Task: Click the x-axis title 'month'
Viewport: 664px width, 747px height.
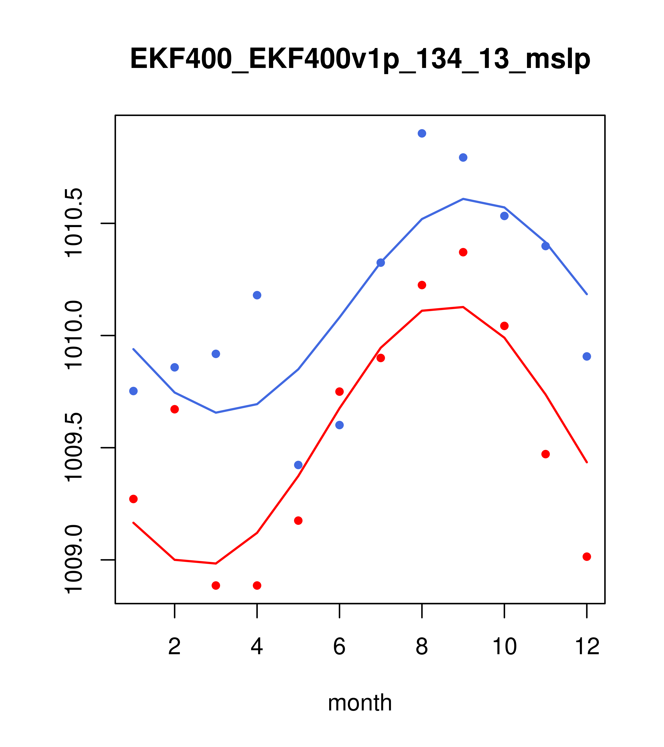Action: click(360, 702)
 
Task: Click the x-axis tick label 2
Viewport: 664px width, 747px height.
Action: click(175, 647)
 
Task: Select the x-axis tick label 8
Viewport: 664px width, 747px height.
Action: click(422, 647)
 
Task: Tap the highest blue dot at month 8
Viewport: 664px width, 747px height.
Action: click(422, 133)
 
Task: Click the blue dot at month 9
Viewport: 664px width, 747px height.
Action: click(463, 157)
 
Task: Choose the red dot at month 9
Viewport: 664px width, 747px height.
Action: click(463, 252)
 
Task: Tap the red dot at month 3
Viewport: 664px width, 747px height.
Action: click(216, 586)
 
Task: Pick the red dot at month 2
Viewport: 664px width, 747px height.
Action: click(175, 409)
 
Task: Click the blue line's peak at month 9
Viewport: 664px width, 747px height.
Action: click(463, 199)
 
